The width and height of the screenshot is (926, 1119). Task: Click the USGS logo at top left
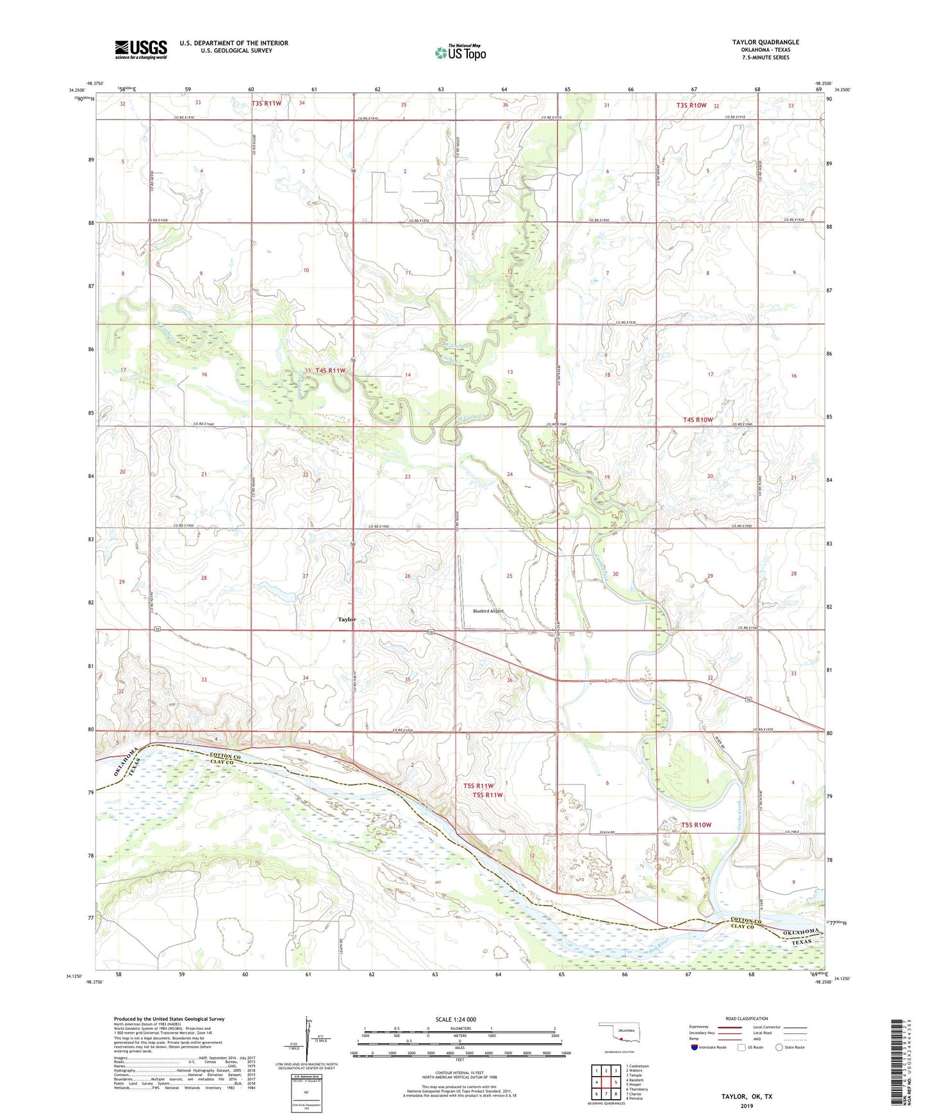tap(140, 49)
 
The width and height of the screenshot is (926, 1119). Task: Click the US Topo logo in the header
tap(460, 53)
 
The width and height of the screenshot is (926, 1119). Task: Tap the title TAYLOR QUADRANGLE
tap(765, 42)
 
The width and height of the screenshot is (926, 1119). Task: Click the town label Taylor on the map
tap(347, 619)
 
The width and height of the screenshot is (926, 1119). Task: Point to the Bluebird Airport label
tap(488, 611)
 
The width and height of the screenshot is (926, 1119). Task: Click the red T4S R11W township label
tap(330, 370)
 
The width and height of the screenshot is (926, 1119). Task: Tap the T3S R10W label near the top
tap(691, 105)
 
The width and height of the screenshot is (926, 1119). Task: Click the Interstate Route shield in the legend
tap(695, 1047)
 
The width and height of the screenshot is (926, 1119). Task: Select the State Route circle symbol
tap(779, 1047)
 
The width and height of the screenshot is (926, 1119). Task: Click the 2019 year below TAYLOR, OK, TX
tap(747, 1106)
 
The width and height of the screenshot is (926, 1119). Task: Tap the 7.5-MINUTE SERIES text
tap(765, 58)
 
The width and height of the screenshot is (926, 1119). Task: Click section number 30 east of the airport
tap(615, 574)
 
